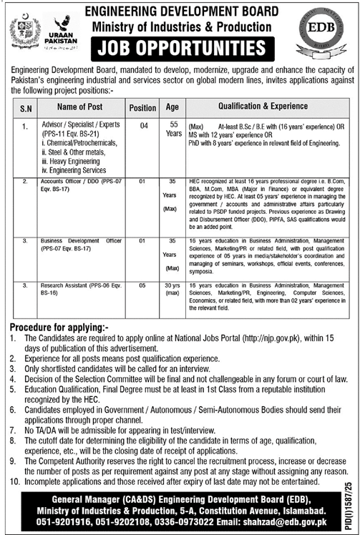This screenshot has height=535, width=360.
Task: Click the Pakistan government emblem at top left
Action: pos(26,32)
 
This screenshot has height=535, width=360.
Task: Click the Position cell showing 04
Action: pos(143,124)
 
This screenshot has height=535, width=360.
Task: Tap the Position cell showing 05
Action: pos(143,285)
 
